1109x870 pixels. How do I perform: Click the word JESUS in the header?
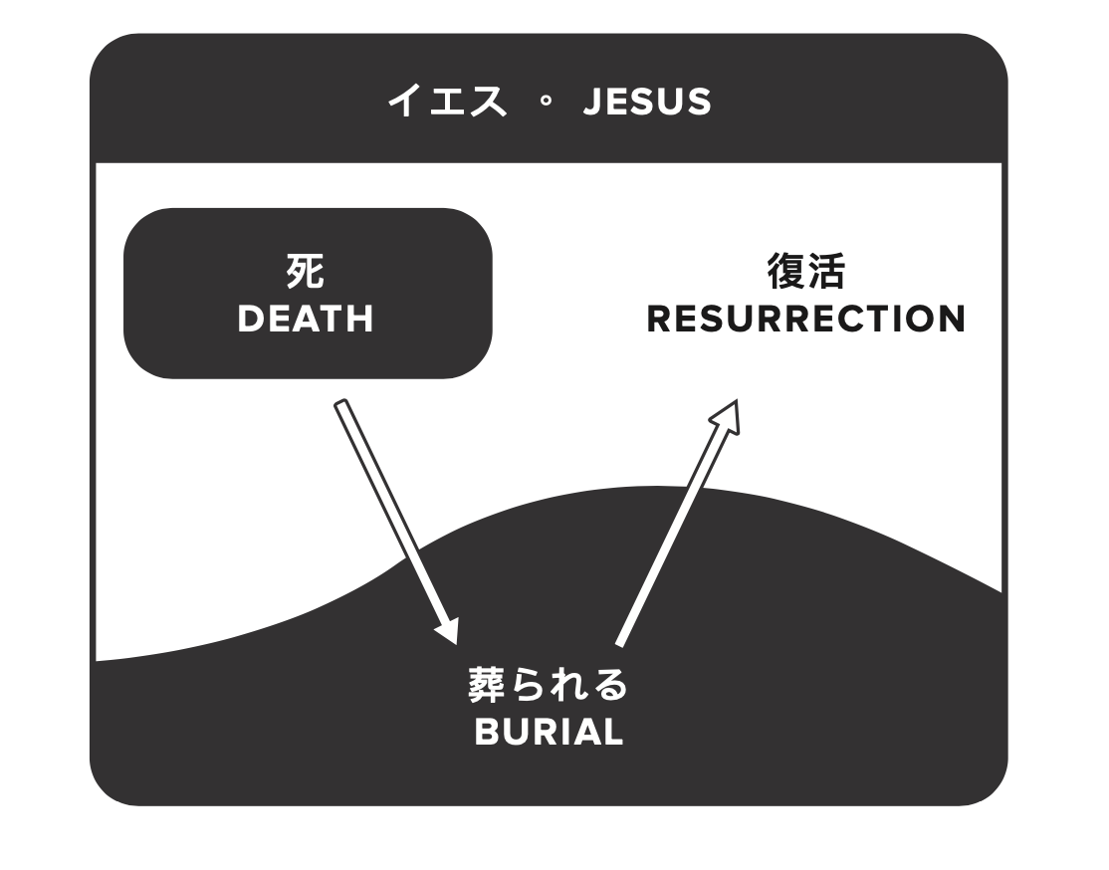647,102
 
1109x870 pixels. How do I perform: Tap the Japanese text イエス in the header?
447,102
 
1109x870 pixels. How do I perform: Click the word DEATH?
306,319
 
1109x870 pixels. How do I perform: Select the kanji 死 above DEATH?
306,271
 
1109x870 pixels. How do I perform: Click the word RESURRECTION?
805,319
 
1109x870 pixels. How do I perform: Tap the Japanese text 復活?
805,271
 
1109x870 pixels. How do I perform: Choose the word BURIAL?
549,732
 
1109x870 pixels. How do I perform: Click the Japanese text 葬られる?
549,686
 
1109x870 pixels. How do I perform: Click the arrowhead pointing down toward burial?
448,629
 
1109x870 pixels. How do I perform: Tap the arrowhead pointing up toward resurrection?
727,416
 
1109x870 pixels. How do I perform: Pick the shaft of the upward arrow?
667,538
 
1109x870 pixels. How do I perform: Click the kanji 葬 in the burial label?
488,686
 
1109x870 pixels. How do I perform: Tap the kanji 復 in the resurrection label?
786,271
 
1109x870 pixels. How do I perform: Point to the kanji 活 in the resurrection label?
826,271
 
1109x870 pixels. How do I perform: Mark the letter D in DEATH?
250,319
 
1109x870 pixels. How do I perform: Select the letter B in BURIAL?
486,732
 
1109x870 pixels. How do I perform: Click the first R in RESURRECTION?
660,319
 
